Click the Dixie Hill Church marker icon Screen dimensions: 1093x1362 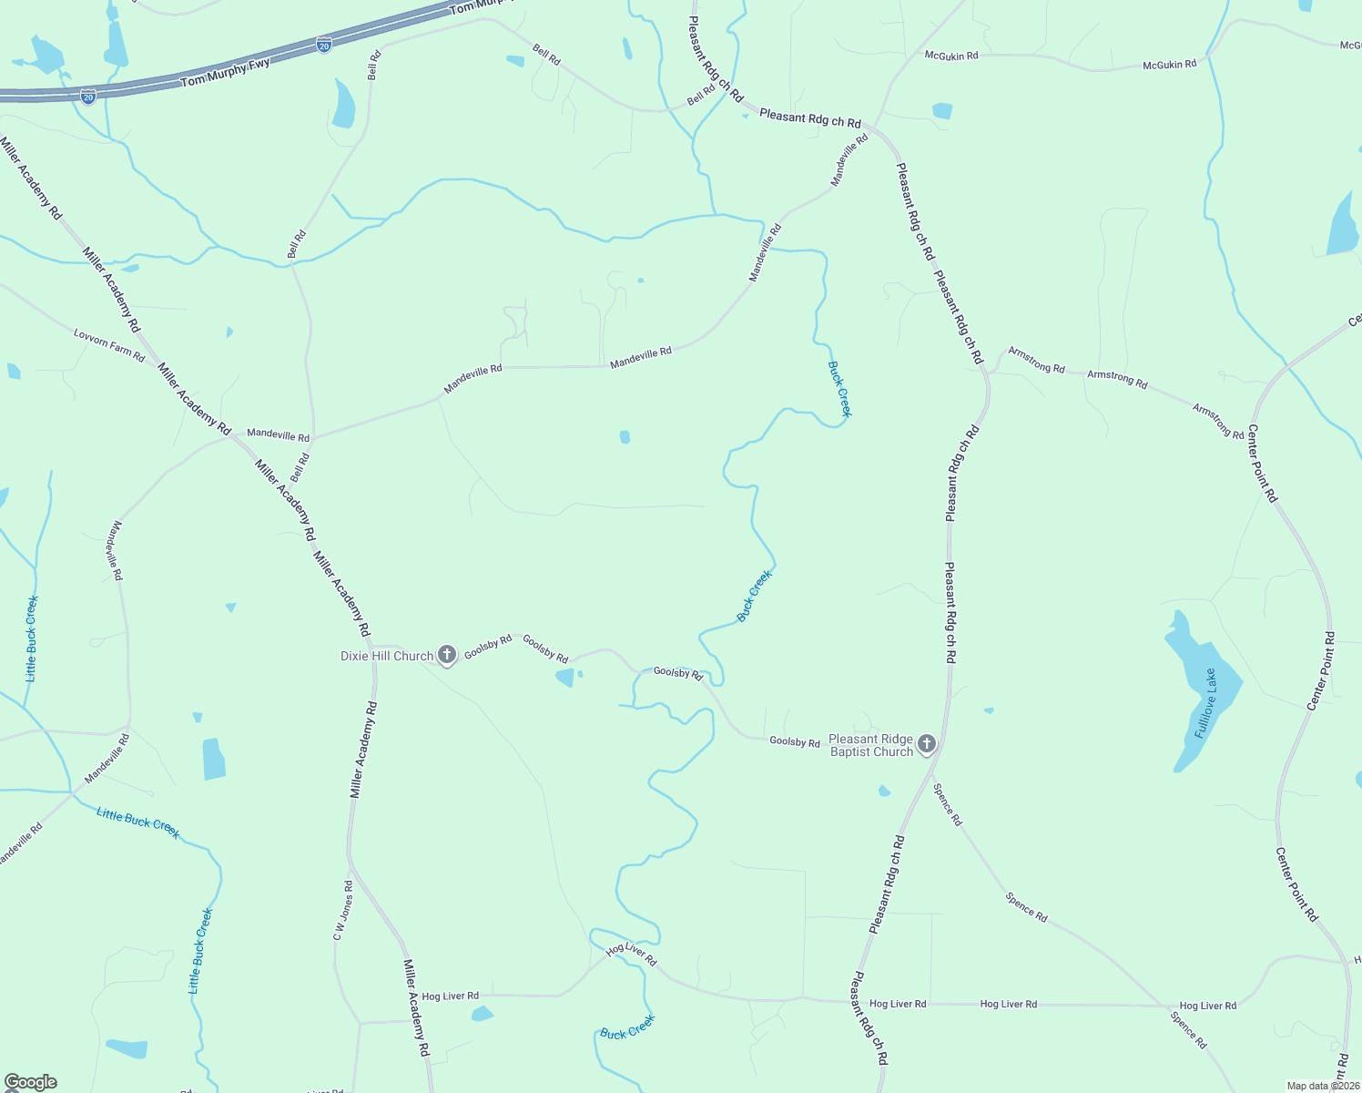447,655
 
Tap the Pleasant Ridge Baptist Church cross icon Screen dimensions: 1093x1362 927,744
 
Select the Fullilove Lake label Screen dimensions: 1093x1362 1205,703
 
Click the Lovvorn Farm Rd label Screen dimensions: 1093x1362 109,346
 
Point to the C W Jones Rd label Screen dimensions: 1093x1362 342,910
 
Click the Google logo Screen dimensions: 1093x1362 31,1082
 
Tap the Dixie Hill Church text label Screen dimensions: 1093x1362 387,656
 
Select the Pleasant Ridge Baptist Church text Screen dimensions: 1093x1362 870,746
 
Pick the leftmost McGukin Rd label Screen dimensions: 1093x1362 951,56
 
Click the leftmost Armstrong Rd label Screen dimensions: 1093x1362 1037,361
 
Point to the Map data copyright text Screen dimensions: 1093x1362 1323,1086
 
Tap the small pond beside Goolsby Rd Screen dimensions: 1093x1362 565,677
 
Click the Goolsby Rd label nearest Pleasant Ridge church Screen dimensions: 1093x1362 795,742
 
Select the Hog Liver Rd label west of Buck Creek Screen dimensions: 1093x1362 450,996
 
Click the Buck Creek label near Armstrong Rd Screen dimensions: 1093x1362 839,389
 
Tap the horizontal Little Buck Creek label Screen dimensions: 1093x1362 138,822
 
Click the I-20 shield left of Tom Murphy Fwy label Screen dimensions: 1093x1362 88,97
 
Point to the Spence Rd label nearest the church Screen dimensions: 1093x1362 947,804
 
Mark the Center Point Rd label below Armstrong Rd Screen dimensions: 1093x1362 1263,463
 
